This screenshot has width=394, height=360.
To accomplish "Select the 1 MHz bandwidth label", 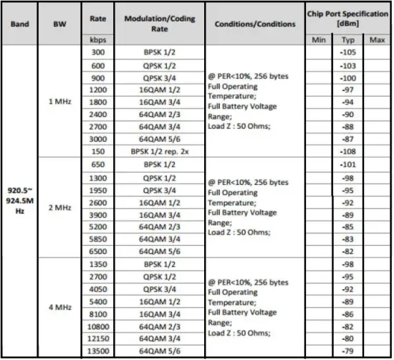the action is click(x=59, y=101).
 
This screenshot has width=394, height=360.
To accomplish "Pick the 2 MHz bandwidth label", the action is click(x=59, y=207).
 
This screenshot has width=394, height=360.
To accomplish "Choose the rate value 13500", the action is click(x=99, y=350).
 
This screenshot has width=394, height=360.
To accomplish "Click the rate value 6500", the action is click(x=99, y=251).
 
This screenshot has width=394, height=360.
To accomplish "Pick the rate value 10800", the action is click(x=99, y=325).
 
